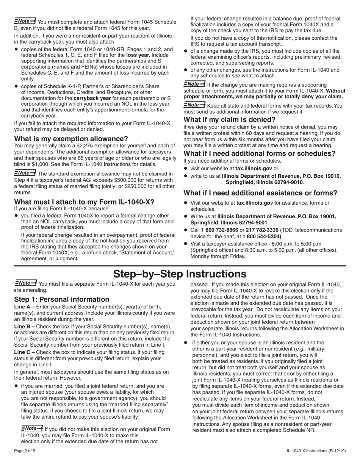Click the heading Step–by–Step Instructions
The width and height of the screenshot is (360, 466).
[x=180, y=274]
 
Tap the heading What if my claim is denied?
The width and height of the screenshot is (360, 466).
[x=230, y=120]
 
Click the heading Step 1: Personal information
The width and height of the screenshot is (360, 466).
[x=62, y=299]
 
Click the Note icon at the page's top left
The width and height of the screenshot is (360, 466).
[x=25, y=21]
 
